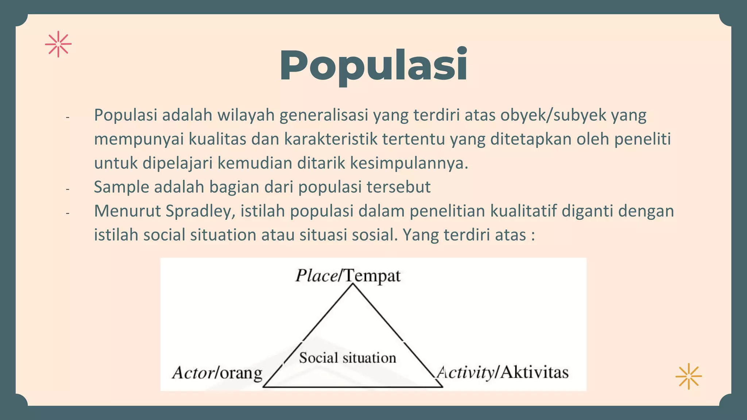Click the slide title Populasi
click(373, 66)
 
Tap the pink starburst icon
click(58, 44)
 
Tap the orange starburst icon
click(688, 376)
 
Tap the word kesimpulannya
click(409, 163)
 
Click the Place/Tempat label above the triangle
click(348, 276)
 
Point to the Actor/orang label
click(217, 373)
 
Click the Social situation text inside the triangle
click(348, 358)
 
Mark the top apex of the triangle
click(353, 284)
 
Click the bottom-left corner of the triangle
click(264, 386)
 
